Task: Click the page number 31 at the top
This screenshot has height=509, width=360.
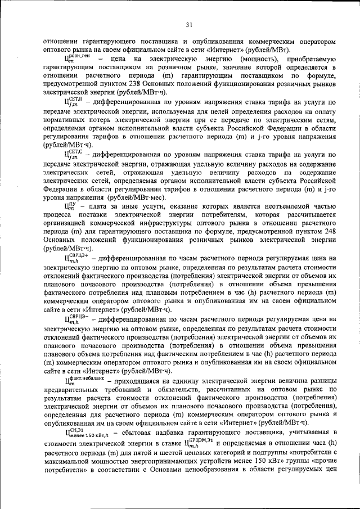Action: [x=190, y=24]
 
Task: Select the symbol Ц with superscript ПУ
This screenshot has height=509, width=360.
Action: [x=70, y=206]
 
